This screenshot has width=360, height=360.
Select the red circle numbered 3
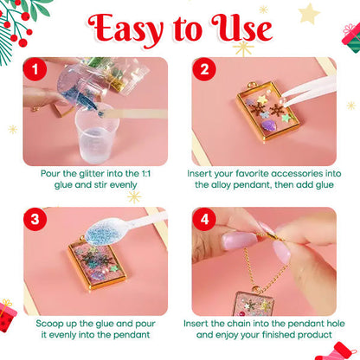(34, 219)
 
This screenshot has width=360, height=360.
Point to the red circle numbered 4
(203, 219)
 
